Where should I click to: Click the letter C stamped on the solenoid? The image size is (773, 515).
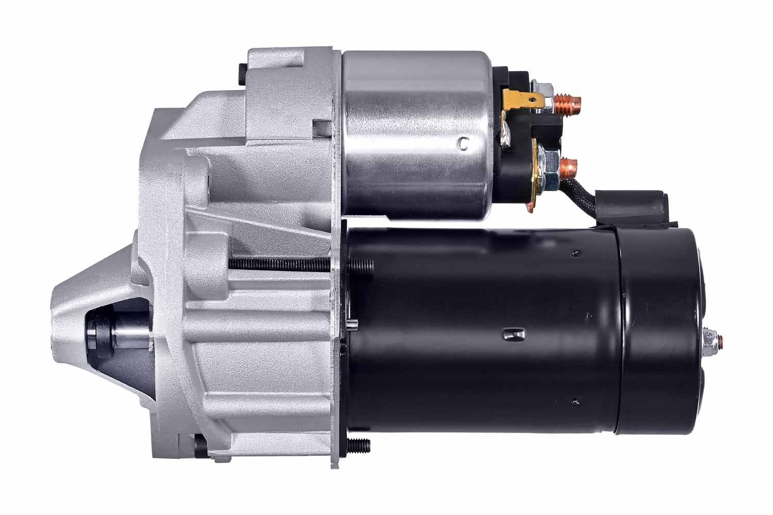[x=464, y=144]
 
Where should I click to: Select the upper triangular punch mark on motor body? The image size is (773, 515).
[x=576, y=252]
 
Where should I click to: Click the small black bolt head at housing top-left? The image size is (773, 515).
[x=243, y=73]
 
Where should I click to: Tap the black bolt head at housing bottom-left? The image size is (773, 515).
[x=200, y=444]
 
